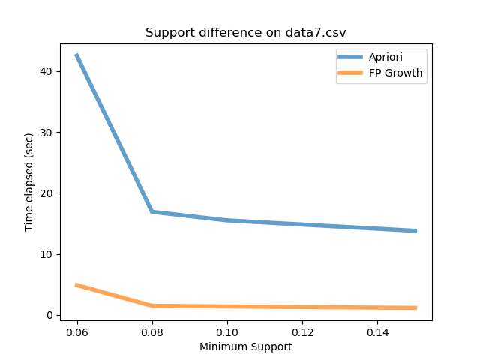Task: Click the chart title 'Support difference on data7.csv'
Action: coord(245,33)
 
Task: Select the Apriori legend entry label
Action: coord(387,57)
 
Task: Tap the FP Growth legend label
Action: coord(395,73)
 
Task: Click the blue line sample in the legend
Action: coord(351,57)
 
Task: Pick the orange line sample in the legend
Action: coord(351,73)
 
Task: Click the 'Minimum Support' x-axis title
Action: coord(245,347)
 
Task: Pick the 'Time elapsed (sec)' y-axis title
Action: coord(29,182)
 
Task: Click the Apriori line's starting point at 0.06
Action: coord(77,55)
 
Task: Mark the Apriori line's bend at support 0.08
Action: coord(152,211)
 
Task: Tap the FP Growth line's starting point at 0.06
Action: coord(77,285)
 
